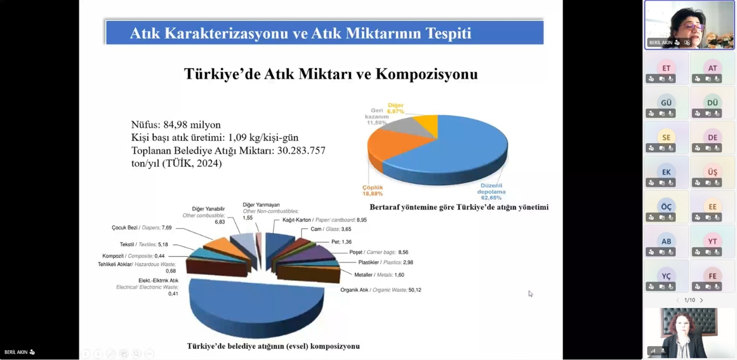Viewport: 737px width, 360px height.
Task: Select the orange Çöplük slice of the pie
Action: coord(391,146)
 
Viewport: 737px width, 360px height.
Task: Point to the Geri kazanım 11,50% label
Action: coord(377,116)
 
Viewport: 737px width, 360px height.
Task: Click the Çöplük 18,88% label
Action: coord(373,190)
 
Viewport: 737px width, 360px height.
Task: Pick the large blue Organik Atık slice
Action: coord(256,305)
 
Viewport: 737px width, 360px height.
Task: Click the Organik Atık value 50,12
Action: coord(415,290)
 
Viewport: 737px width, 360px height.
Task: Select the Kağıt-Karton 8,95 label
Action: coord(324,220)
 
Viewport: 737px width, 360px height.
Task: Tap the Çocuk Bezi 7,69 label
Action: coord(141,228)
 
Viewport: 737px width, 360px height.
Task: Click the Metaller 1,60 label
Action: coord(379,275)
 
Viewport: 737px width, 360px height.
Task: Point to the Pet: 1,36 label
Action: coord(342,242)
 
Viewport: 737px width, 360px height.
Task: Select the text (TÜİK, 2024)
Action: coord(192,164)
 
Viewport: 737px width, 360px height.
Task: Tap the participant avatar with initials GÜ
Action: coord(666,102)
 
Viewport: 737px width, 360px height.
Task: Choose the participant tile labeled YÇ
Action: coord(666,276)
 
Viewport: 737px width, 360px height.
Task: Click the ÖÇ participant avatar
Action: coord(666,207)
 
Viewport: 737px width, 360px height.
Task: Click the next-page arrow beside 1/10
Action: coord(702,300)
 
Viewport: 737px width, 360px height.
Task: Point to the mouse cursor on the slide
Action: coord(530,294)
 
